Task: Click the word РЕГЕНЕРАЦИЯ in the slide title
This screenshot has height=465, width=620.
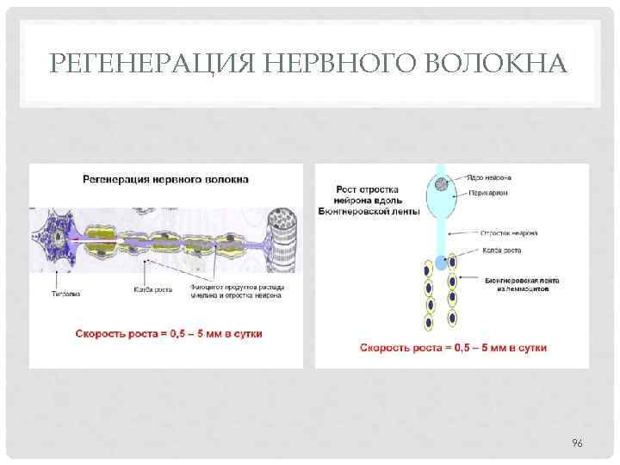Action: pos(133,64)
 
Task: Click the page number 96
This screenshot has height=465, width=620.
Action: pos(578,443)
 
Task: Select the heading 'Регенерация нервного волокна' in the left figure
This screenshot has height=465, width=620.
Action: pos(166,180)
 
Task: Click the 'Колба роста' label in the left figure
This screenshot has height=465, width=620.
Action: pos(153,289)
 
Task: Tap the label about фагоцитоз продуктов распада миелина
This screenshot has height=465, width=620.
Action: pos(239,291)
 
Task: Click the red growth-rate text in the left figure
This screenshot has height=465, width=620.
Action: pos(169,332)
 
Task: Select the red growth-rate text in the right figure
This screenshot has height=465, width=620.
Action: pos(453,348)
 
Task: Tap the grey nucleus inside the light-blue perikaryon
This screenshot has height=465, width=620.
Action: pos(441,183)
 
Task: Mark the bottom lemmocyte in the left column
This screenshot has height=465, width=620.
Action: pos(429,324)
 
